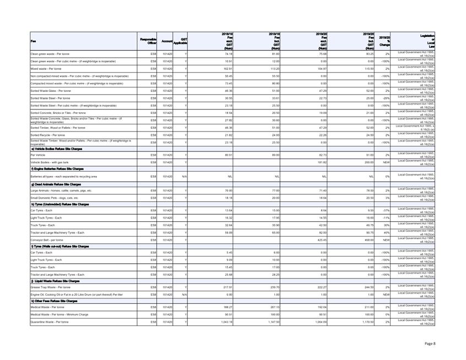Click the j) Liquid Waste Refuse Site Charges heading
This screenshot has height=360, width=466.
58,281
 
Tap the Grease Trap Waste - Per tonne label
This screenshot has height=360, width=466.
51,287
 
